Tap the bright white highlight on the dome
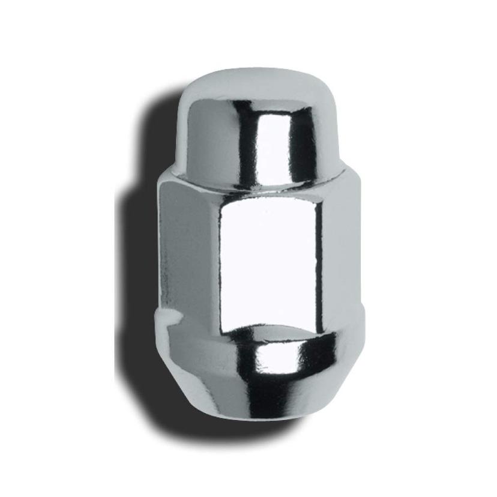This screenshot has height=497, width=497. tap(273, 144)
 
